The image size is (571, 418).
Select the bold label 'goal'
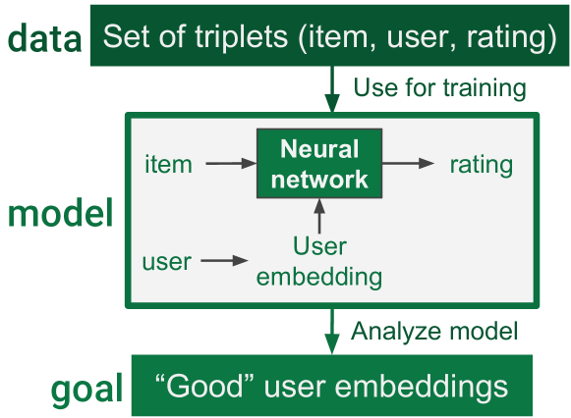click(86, 389)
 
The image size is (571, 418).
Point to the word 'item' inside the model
click(168, 164)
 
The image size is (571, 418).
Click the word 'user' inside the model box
click(167, 261)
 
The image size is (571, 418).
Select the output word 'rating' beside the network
click(481, 164)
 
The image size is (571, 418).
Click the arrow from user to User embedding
click(226, 261)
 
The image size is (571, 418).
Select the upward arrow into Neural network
click(318, 216)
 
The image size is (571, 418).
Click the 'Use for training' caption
click(438, 88)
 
